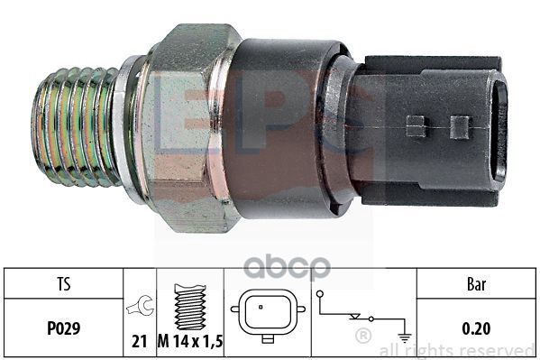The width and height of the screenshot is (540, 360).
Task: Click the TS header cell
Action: pos(64,284)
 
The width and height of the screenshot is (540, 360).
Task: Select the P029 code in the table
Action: pos(64,328)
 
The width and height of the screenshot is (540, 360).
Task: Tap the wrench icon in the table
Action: pos(140,306)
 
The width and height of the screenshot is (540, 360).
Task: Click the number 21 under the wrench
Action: pos(140,341)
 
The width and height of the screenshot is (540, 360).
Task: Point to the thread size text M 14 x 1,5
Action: pos(190,341)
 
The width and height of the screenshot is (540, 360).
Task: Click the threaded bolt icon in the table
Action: pos(190,307)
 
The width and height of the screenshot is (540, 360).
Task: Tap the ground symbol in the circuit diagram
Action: pos(405,337)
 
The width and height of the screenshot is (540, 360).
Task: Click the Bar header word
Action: pos(477,284)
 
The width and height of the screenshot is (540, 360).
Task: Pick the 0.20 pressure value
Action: pos(476,328)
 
